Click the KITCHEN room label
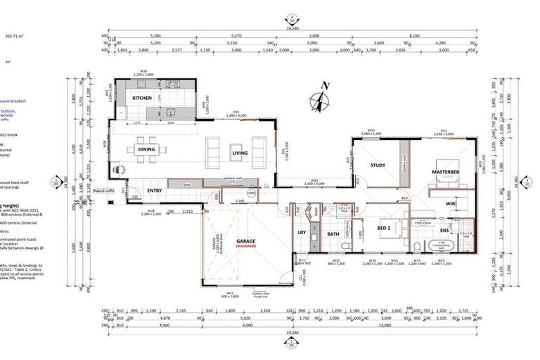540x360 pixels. pos(143,98)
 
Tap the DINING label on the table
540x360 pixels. pos(146,149)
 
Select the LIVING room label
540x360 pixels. pos(240,153)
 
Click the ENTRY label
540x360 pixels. pos(154,191)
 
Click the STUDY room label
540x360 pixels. pos(378,166)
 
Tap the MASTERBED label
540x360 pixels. pos(446,172)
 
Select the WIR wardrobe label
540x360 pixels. pos(451,204)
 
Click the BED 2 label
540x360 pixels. pos(383,229)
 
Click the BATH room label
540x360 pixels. pos(333,233)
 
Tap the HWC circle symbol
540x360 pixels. pos(252,193)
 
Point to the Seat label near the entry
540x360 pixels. pos(187,185)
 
